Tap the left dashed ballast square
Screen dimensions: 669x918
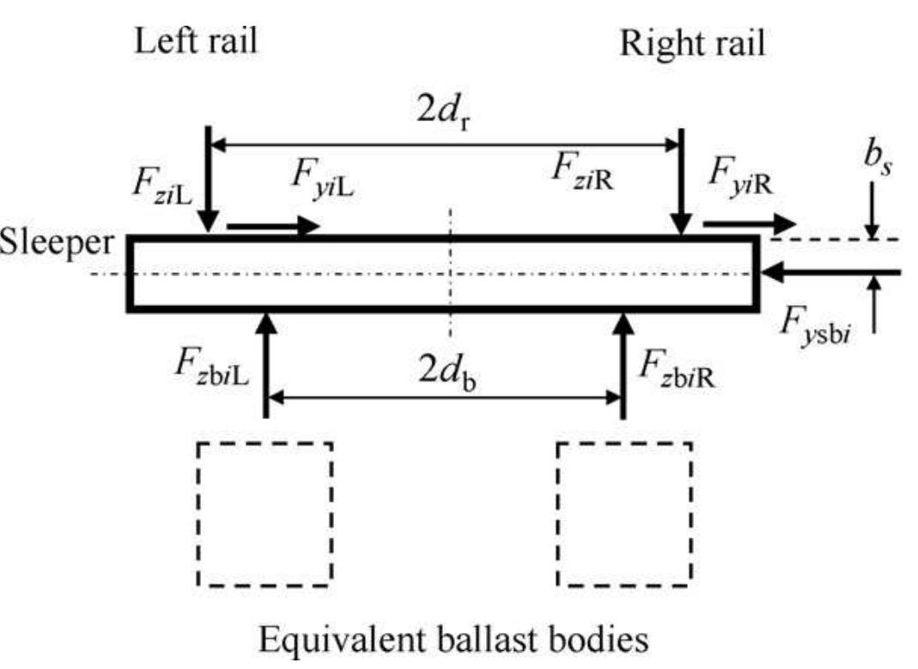coord(265,514)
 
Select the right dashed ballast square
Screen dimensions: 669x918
coord(624,514)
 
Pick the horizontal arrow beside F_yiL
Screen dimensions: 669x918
coord(273,228)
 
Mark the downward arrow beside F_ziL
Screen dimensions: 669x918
coord(209,180)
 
